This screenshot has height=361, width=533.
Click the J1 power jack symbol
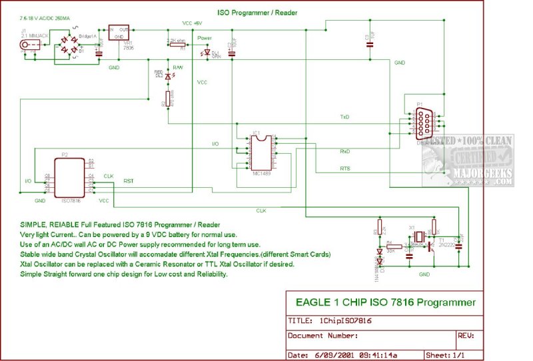pyautogui.click(x=30, y=46)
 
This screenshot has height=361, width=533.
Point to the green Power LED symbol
pyautogui.click(x=207, y=52)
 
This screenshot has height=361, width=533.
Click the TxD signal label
pyautogui.click(x=344, y=117)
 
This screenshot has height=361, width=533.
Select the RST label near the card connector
pyautogui.click(x=129, y=180)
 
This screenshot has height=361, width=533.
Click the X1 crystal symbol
pyautogui.click(x=418, y=238)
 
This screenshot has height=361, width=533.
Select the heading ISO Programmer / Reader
pyautogui.click(x=257, y=12)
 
